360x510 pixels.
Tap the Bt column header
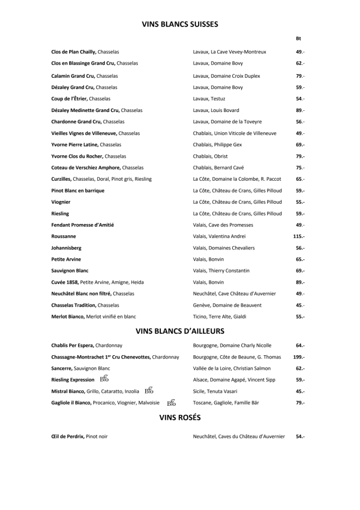coord(298,39)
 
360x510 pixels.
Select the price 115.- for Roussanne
coord(299,236)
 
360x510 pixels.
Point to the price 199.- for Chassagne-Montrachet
coord(299,357)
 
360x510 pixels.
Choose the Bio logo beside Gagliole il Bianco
coord(172,402)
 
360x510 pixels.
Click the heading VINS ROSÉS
coord(180,418)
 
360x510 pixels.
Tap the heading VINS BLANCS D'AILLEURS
coord(180,330)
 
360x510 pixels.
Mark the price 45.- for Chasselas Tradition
coord(300,305)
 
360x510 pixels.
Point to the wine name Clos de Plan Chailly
coord(74,52)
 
